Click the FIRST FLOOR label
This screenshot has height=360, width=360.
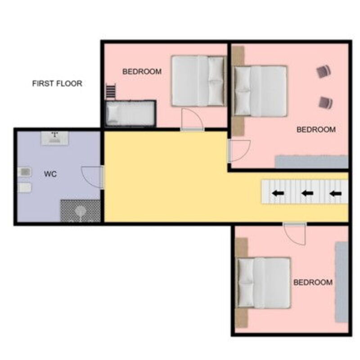click(57, 83)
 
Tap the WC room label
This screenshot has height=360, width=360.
click(50, 174)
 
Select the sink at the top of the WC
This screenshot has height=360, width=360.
click(54, 138)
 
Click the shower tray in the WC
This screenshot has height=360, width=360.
click(81, 211)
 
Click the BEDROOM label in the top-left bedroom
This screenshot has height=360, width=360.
click(142, 72)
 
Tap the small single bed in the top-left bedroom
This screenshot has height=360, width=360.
click(130, 113)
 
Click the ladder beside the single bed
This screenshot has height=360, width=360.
click(111, 91)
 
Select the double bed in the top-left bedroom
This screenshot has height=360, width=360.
click(198, 81)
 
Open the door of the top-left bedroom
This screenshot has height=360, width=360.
click(193, 119)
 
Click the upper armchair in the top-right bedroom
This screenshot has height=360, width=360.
click(324, 71)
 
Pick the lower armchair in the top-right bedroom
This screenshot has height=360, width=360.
click(325, 103)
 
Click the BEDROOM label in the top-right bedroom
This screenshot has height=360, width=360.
click(316, 130)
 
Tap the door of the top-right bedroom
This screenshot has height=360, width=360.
click(239, 151)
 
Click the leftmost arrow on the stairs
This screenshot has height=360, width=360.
click(278, 193)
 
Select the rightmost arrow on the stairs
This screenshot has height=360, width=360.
click(335, 194)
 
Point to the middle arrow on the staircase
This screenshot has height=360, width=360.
click(307, 193)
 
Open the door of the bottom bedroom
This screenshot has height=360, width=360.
click(295, 234)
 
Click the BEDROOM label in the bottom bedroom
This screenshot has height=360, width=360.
click(313, 282)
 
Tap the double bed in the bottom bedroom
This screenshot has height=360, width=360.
click(263, 283)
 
